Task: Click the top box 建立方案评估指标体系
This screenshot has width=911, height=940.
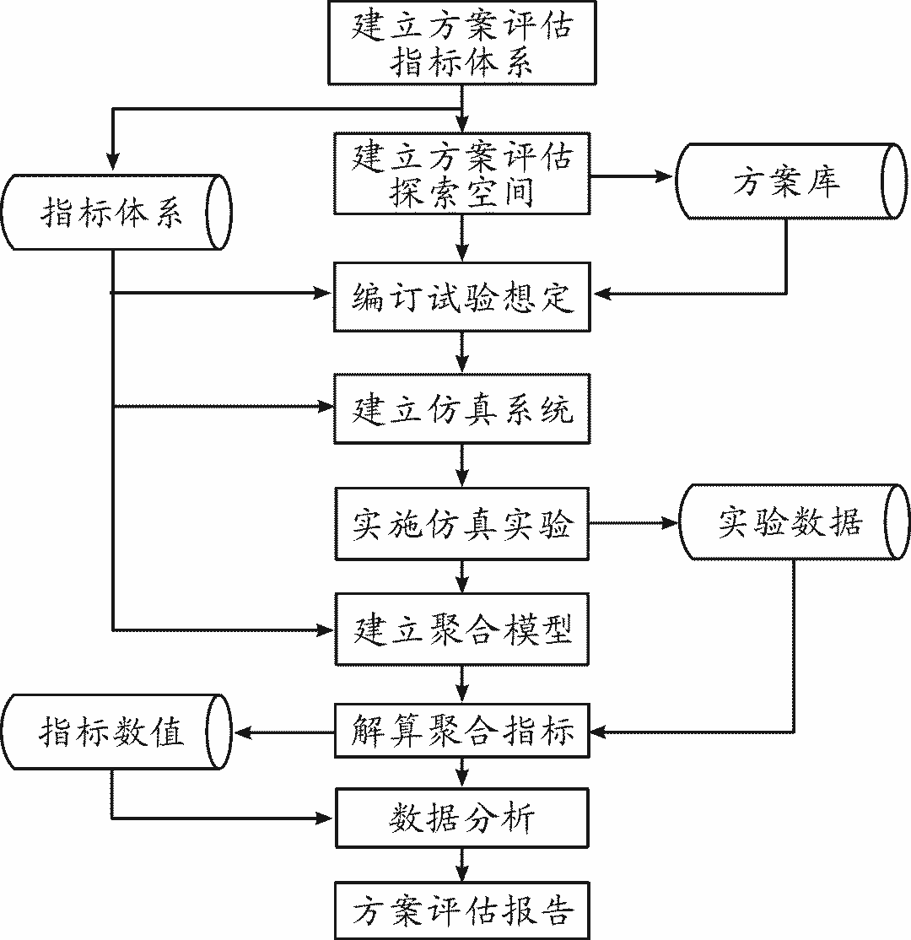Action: [461, 42]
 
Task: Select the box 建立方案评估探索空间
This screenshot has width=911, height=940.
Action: [461, 174]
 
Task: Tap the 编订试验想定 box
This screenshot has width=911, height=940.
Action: [461, 297]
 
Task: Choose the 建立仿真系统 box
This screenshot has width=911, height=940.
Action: [461, 408]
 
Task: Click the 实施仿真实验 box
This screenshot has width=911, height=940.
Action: [461, 523]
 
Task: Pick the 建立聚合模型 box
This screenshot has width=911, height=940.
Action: [461, 629]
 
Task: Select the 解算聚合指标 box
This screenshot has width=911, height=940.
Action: [461, 731]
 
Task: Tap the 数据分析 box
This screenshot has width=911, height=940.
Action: [461, 817]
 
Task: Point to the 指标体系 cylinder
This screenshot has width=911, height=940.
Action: [115, 213]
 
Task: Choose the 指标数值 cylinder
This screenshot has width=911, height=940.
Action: [115, 731]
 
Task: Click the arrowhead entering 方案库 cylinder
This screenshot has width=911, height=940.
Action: [666, 177]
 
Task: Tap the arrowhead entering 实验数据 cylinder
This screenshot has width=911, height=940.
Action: [670, 523]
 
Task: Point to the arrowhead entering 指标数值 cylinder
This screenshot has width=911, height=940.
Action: [243, 731]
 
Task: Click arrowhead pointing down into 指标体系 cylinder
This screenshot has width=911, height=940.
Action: [112, 163]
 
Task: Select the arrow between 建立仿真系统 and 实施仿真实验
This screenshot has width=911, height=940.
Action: [461, 465]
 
